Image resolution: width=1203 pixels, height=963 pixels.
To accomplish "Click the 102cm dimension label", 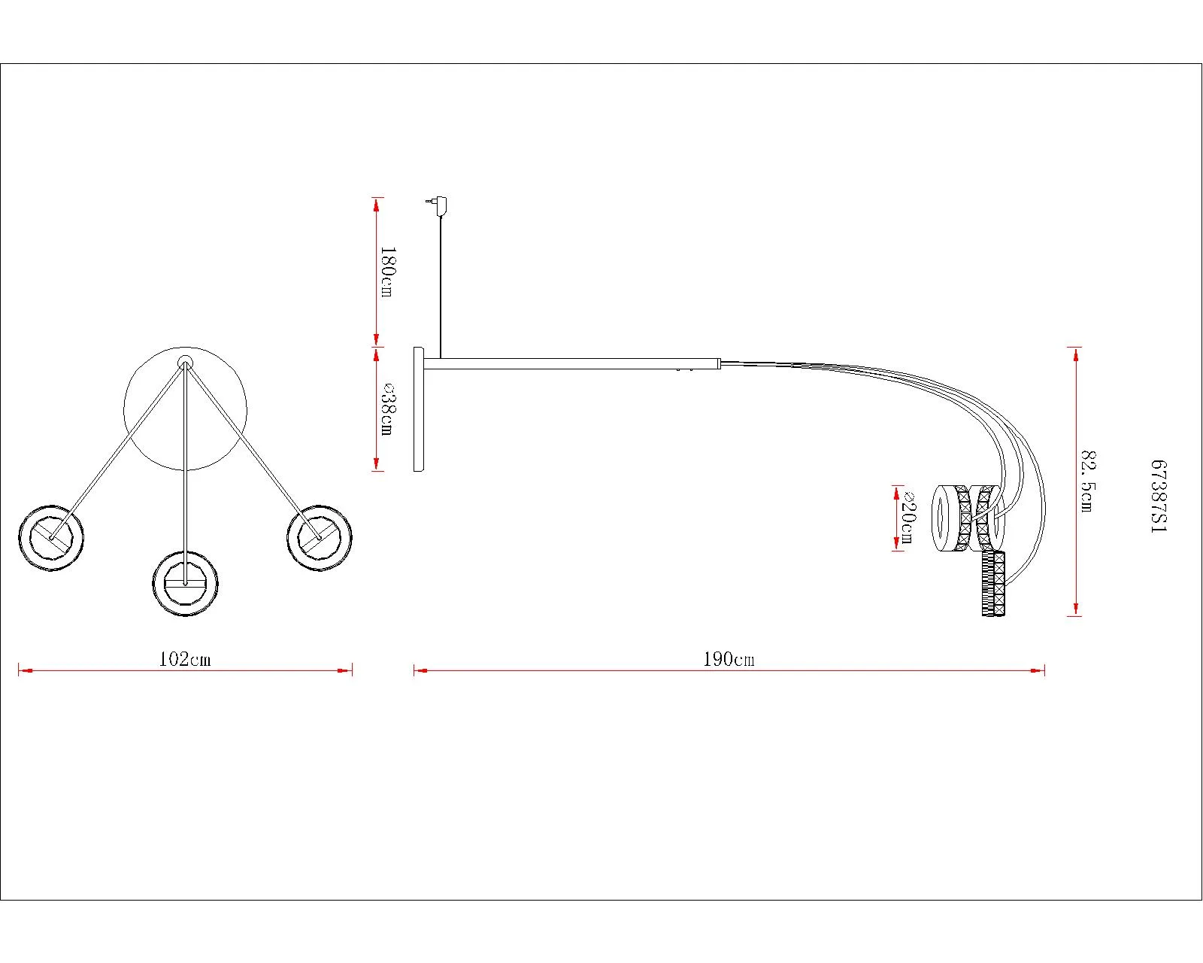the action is click(185, 659).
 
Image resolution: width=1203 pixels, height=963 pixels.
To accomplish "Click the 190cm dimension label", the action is click(729, 659).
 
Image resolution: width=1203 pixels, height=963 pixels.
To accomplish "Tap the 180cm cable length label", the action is click(387, 272).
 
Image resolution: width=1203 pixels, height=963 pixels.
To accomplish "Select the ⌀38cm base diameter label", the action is click(387, 409).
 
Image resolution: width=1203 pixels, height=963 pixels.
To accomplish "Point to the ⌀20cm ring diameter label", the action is click(906, 517).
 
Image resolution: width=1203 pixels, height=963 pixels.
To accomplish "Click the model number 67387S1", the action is click(1159, 497).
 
